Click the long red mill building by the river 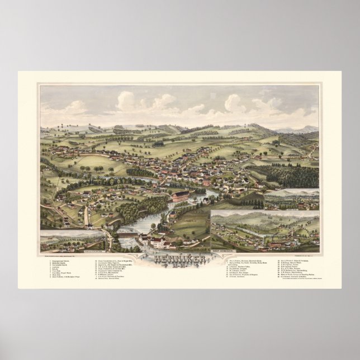tap(180, 196)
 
